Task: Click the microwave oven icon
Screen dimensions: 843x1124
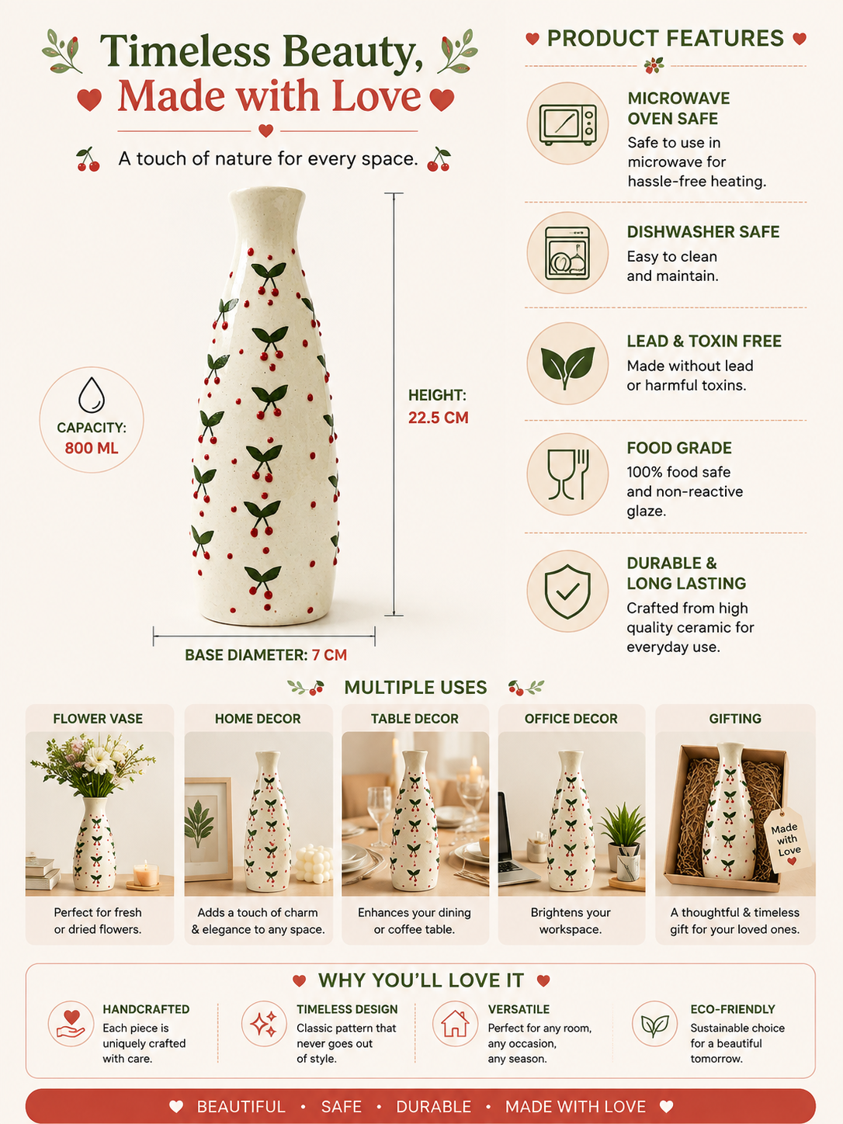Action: pyautogui.click(x=567, y=125)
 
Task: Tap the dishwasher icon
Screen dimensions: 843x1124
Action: pyautogui.click(x=567, y=254)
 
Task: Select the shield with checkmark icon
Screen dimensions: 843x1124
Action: pyautogui.click(x=567, y=591)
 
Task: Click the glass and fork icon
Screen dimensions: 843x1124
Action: pyautogui.click(x=568, y=474)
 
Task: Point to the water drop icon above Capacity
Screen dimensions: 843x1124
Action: pyautogui.click(x=92, y=395)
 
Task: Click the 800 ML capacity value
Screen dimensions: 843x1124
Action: pyautogui.click(x=92, y=448)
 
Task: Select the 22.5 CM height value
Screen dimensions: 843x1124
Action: pyautogui.click(x=438, y=418)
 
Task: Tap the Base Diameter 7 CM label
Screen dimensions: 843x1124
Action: pyautogui.click(x=265, y=655)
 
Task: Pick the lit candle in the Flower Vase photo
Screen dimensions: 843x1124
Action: pyautogui.click(x=146, y=875)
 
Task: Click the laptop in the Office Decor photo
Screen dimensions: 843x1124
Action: pyautogui.click(x=512, y=841)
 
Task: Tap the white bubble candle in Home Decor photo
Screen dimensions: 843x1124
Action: pyautogui.click(x=312, y=864)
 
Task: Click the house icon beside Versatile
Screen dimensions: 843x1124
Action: pyautogui.click(x=455, y=1024)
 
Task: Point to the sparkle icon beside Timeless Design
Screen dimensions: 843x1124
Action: pyautogui.click(x=264, y=1024)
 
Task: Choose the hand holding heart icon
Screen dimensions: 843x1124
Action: pyautogui.click(x=71, y=1024)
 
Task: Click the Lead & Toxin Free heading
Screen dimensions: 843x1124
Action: pyautogui.click(x=704, y=341)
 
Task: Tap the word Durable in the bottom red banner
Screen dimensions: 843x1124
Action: pyautogui.click(x=433, y=1107)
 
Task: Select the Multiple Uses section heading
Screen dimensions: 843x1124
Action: pyautogui.click(x=415, y=687)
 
